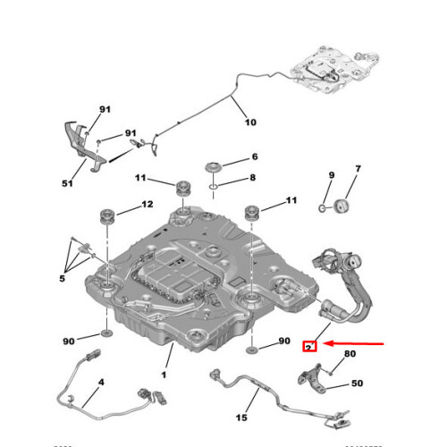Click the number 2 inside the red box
coord(309,344)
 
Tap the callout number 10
coord(249,122)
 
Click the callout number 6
coord(254,156)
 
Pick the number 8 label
coord(253,178)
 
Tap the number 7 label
coord(358,169)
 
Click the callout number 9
coord(330,175)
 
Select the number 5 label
coord(63,279)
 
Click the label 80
coord(349,353)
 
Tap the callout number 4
coord(100,384)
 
